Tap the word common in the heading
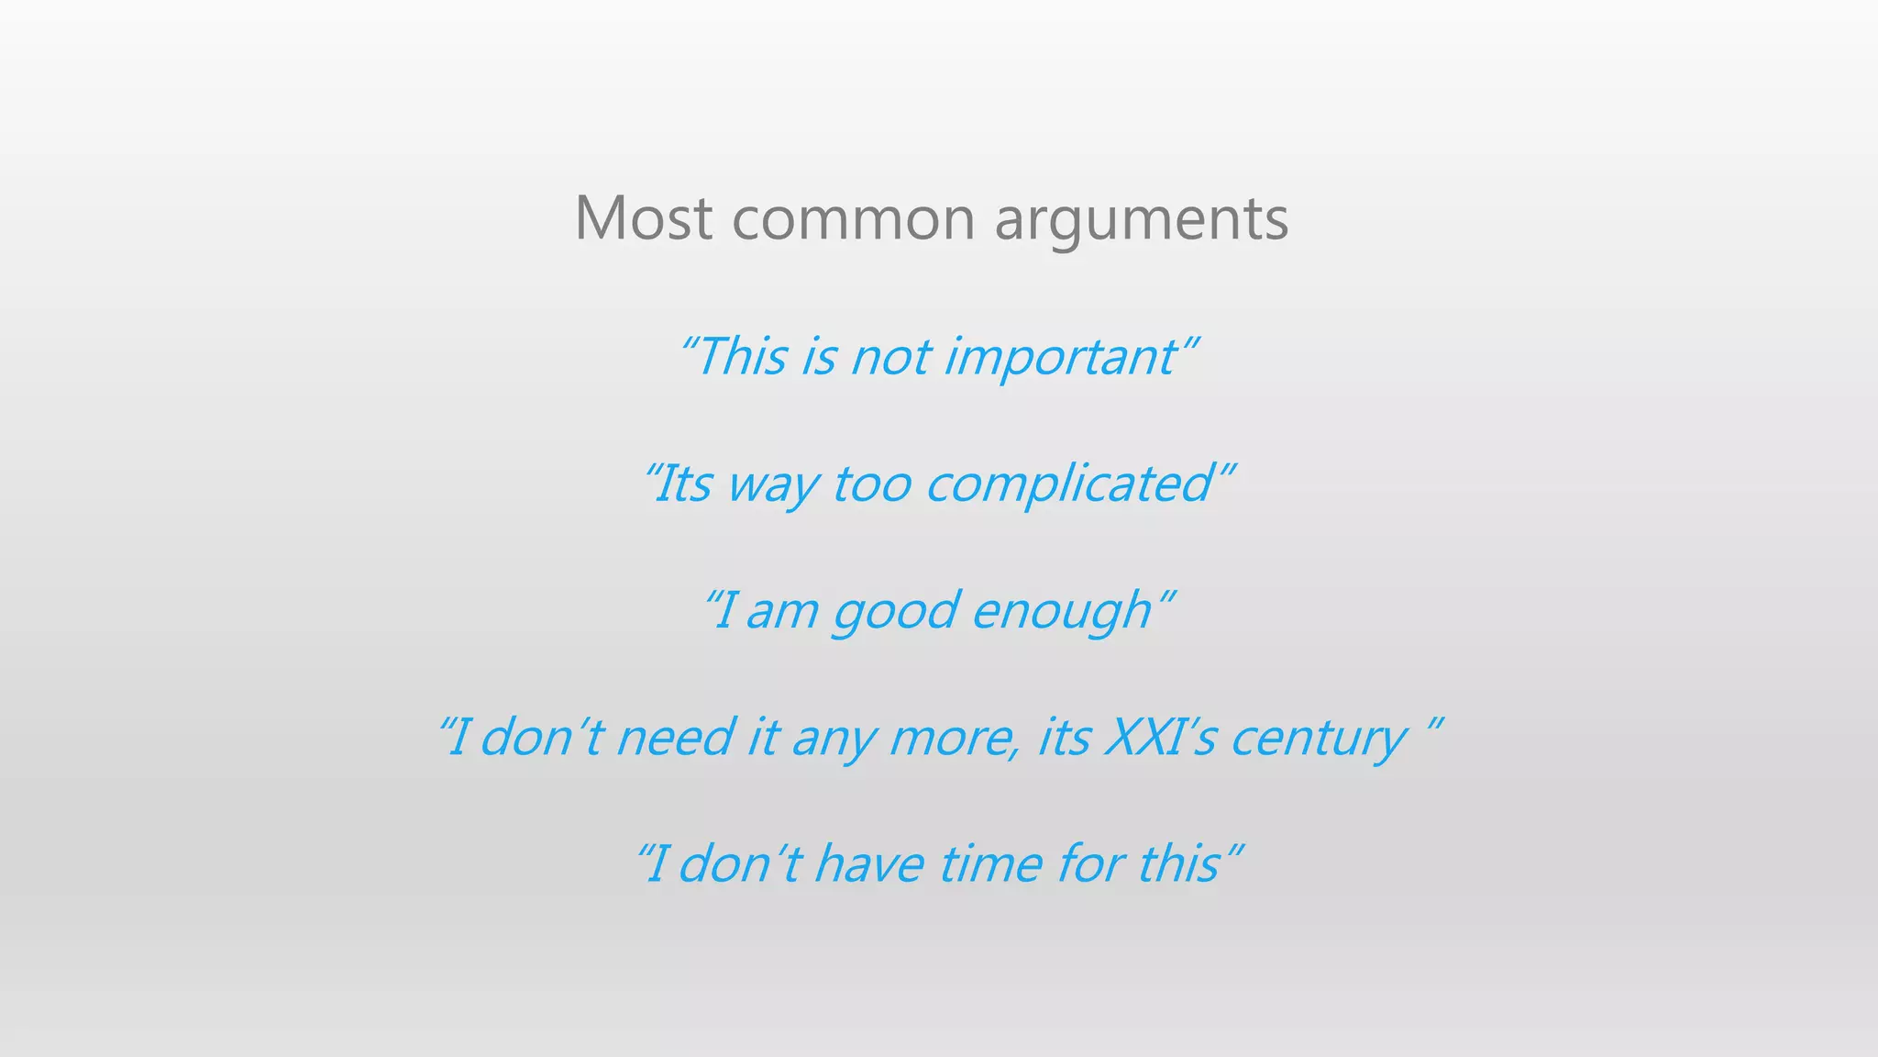point(853,220)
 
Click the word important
point(1060,357)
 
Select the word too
point(872,484)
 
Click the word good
point(894,612)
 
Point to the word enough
point(1061,612)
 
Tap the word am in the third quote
point(781,612)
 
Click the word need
point(675,738)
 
